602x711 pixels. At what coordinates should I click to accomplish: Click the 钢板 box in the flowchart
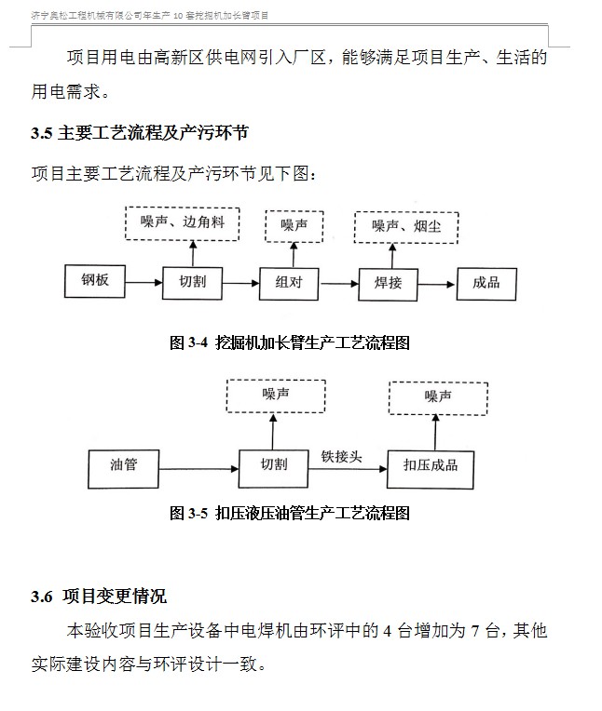point(95,280)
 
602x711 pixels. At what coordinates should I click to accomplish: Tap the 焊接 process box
point(389,282)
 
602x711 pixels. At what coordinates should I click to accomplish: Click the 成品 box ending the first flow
point(486,281)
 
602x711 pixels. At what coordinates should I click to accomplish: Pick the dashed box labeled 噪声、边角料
point(183,223)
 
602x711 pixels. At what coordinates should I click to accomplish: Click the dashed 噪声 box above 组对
point(294,225)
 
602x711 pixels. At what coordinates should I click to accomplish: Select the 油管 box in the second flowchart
point(123,463)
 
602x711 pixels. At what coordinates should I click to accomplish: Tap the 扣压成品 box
point(430,464)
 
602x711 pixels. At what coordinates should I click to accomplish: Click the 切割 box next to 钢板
point(192,281)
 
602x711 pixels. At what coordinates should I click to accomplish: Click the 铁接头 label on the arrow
point(342,456)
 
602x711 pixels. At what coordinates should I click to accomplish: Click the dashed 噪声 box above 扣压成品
point(437,396)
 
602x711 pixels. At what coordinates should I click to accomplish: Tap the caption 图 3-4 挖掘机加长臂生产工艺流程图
point(290,343)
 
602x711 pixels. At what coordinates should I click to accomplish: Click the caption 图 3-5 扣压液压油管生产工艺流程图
point(290,513)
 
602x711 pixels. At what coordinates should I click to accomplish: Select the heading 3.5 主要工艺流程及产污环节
point(140,133)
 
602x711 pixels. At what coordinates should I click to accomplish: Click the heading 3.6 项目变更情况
point(99,597)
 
